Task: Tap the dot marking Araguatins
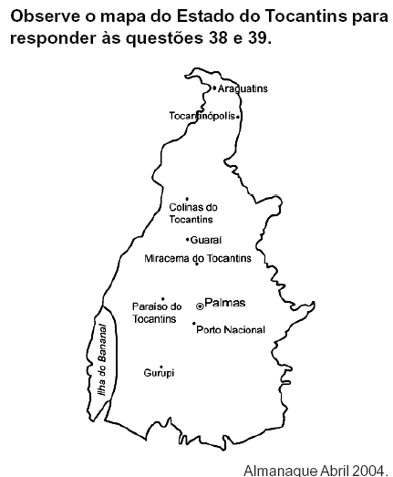click(214, 88)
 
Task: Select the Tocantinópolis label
click(202, 116)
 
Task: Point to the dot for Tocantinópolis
click(238, 117)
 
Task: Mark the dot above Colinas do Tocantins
click(187, 199)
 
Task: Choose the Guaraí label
click(206, 240)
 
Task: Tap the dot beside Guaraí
click(188, 240)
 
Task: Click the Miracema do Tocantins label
click(198, 258)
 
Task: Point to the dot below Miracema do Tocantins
click(197, 265)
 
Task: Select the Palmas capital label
click(225, 303)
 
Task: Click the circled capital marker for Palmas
click(200, 306)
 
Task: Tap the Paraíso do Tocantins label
click(157, 312)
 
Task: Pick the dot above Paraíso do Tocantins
click(162, 299)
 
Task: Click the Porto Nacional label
click(231, 329)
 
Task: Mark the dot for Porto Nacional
click(193, 324)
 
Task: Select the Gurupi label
click(159, 373)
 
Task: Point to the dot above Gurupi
click(161, 366)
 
